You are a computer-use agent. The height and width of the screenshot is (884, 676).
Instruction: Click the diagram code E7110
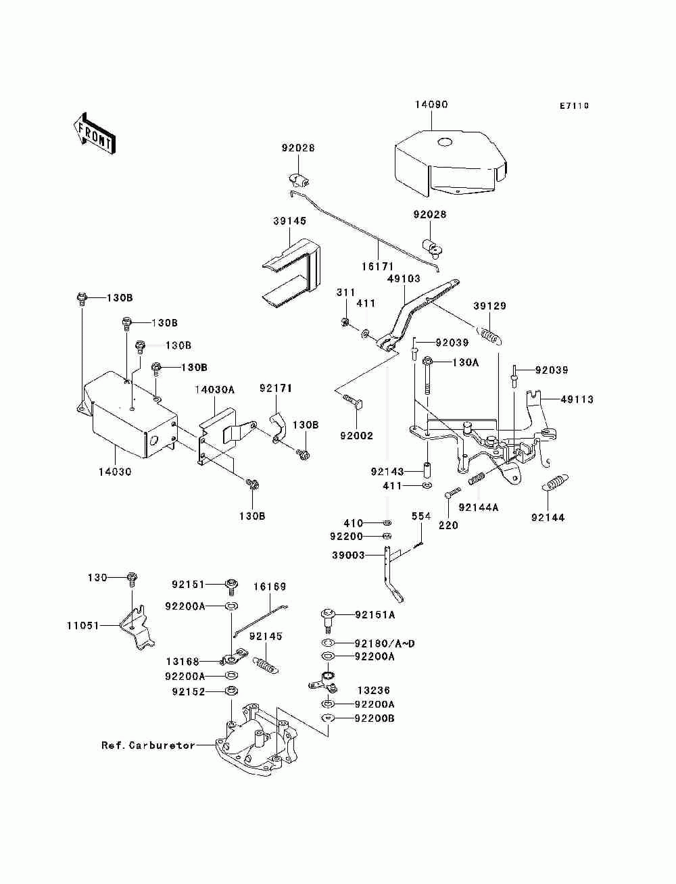[574, 106]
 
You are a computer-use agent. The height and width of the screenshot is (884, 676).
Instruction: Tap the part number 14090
[431, 105]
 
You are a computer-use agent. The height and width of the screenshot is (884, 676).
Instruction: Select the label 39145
[289, 221]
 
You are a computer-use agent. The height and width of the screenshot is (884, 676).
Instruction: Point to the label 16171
[377, 266]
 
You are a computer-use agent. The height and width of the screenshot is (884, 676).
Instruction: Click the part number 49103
[404, 278]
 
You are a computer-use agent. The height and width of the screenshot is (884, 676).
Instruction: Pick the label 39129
[489, 306]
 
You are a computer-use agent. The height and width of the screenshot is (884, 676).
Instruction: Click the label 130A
[465, 363]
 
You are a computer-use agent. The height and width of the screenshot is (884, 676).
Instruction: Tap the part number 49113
[577, 399]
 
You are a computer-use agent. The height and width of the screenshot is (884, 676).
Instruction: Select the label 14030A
[215, 389]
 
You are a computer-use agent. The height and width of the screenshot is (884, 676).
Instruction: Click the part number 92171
[276, 389]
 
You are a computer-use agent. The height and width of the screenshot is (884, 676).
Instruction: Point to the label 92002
[356, 436]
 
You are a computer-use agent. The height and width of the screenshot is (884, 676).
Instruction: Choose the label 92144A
[479, 508]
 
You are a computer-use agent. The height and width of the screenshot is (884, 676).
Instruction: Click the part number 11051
[82, 625]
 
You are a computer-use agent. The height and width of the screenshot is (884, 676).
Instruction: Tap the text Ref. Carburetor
[148, 745]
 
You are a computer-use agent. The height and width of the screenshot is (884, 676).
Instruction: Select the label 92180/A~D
[385, 644]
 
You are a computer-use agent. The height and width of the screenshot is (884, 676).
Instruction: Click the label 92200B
[375, 718]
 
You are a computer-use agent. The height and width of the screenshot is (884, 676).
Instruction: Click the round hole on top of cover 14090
[445, 142]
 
